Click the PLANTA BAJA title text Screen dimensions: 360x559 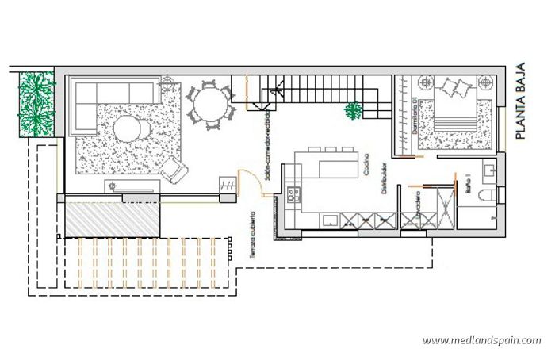coord(521,102)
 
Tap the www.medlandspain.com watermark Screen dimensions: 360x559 coord(482,341)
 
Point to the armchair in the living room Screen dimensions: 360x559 coord(174,167)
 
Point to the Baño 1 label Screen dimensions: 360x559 coord(467,186)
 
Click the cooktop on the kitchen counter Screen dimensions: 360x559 coord(293,191)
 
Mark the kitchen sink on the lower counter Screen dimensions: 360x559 coord(329,220)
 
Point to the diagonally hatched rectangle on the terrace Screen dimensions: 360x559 coord(113,219)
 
